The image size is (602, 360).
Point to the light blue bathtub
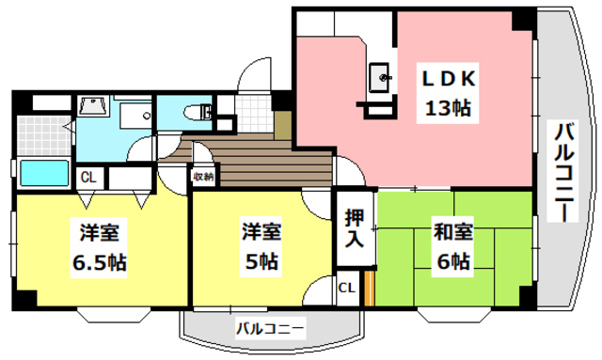(x=44, y=175)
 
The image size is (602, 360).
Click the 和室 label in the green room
(x=452, y=230)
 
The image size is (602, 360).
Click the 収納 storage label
(x=203, y=176)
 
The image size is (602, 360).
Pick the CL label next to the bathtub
(x=87, y=177)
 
